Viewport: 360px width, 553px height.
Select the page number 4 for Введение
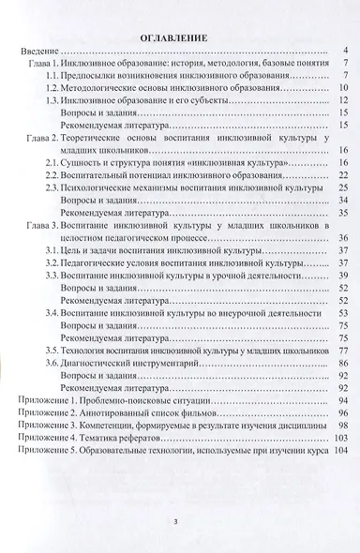(346, 50)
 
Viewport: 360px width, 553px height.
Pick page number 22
(343, 175)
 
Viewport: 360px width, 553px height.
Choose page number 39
(343, 276)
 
